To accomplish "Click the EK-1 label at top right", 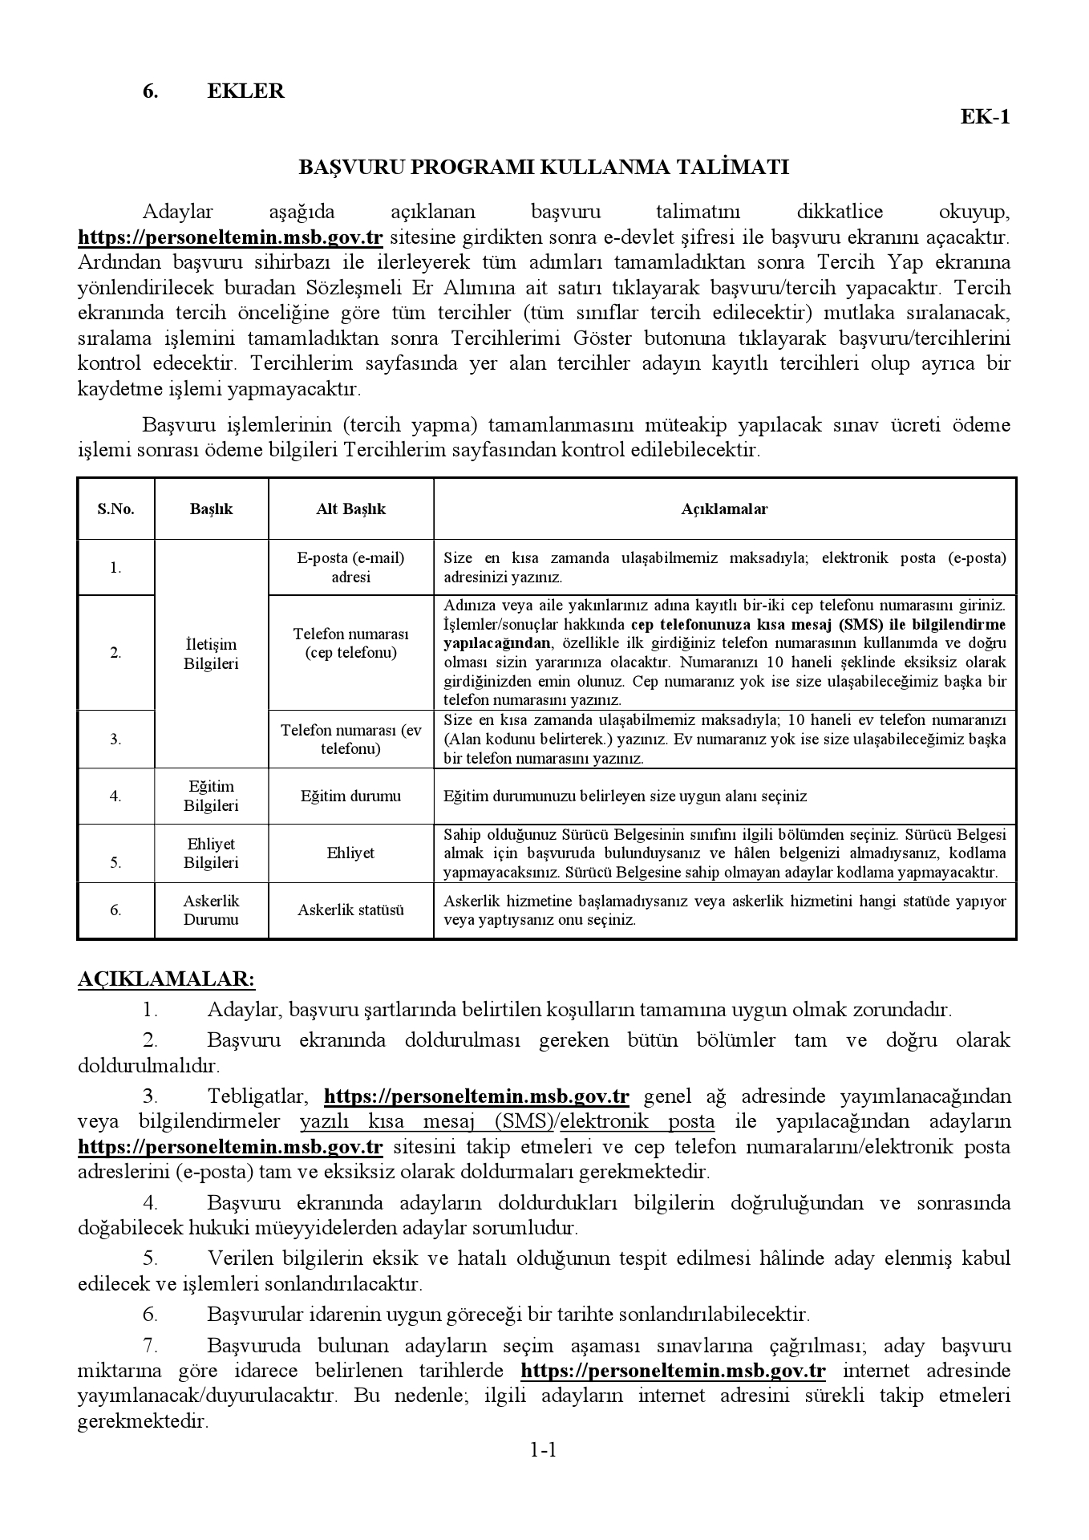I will click(x=986, y=117).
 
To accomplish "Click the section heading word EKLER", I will click(x=245, y=91).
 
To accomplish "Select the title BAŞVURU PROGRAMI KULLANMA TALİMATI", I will click(x=544, y=167).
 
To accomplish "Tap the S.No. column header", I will click(x=116, y=509).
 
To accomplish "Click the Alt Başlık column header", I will click(x=350, y=509).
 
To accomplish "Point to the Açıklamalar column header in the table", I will click(x=724, y=509).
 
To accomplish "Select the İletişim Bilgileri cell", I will click(x=211, y=654).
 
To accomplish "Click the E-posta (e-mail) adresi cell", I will click(x=350, y=567).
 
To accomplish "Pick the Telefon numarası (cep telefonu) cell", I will click(x=350, y=643).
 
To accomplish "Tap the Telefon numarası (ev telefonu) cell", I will click(x=350, y=740).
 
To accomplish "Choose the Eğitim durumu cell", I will click(x=350, y=796).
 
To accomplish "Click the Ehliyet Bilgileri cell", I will click(x=211, y=853).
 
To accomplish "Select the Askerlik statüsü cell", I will click(x=350, y=910).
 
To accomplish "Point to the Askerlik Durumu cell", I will click(x=211, y=910).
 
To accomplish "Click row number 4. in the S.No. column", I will click(x=116, y=796).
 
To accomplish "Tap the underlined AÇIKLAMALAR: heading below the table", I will click(x=166, y=979).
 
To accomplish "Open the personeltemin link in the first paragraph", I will click(x=230, y=237).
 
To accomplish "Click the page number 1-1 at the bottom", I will click(x=543, y=1473).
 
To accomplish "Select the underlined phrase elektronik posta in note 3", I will click(x=637, y=1121).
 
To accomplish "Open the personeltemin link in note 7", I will click(x=673, y=1370).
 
